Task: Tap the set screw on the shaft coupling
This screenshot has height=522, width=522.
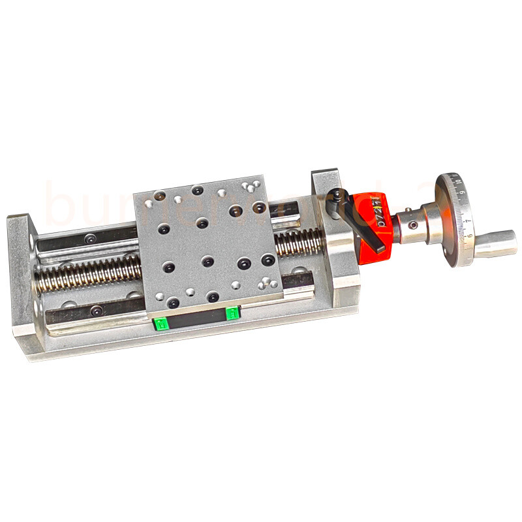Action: point(412,226)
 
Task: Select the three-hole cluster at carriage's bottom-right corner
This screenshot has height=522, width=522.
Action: point(264,283)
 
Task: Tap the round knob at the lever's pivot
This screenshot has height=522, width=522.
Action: point(337,194)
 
